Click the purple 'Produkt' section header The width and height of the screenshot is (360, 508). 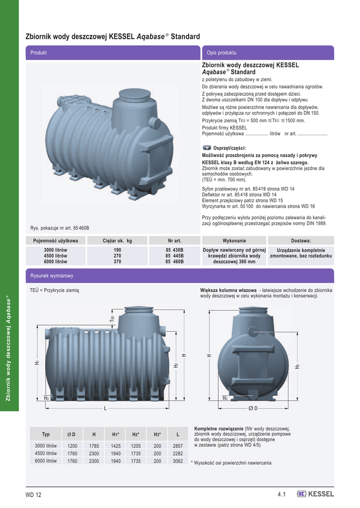(x=113, y=53)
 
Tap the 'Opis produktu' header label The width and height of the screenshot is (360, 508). (x=221, y=53)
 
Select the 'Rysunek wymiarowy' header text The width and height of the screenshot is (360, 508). (x=52, y=276)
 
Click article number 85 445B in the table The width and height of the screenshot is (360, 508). (x=174, y=255)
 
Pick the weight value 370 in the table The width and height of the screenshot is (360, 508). (x=117, y=261)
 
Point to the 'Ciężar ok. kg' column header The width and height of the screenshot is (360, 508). (x=117, y=241)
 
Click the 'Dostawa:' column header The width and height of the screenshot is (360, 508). (x=301, y=241)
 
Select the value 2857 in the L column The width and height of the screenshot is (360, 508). (x=178, y=446)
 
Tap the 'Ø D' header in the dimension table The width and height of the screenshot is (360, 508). (x=72, y=435)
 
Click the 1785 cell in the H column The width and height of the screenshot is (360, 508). (x=94, y=446)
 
